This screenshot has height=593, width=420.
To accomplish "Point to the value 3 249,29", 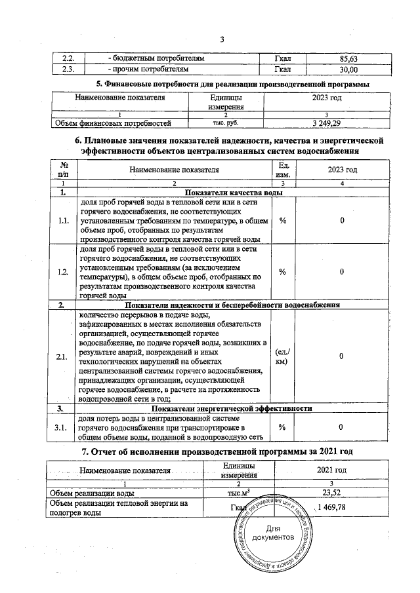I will point(335,123).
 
